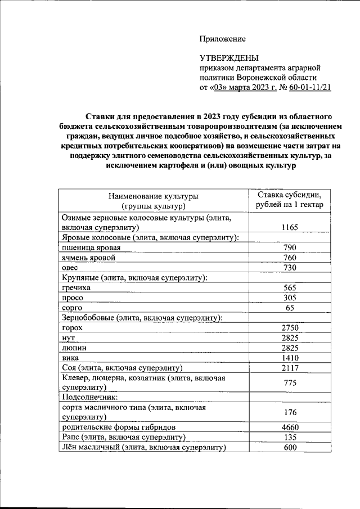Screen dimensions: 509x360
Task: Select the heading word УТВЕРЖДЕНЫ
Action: tap(229, 58)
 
